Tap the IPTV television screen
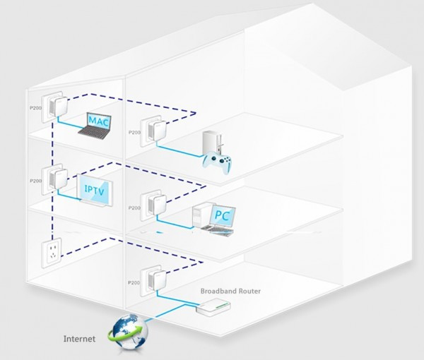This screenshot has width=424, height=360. coord(94,190)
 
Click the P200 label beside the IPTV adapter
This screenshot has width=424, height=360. coord(35,181)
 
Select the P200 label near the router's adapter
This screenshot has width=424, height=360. coord(134,280)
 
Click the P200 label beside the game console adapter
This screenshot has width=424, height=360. coord(134,132)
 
